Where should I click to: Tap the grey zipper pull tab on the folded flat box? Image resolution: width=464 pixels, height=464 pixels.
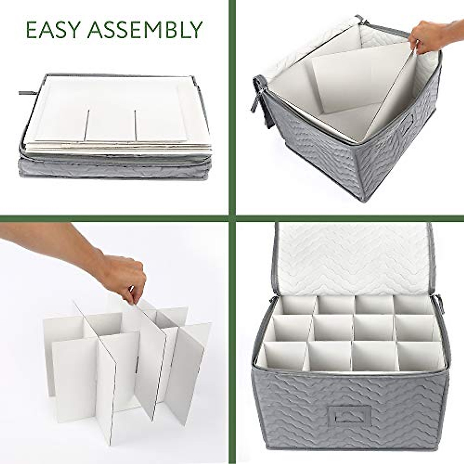coord(27,93)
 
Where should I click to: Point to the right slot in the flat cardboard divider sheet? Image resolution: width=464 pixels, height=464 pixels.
coord(136,125)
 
